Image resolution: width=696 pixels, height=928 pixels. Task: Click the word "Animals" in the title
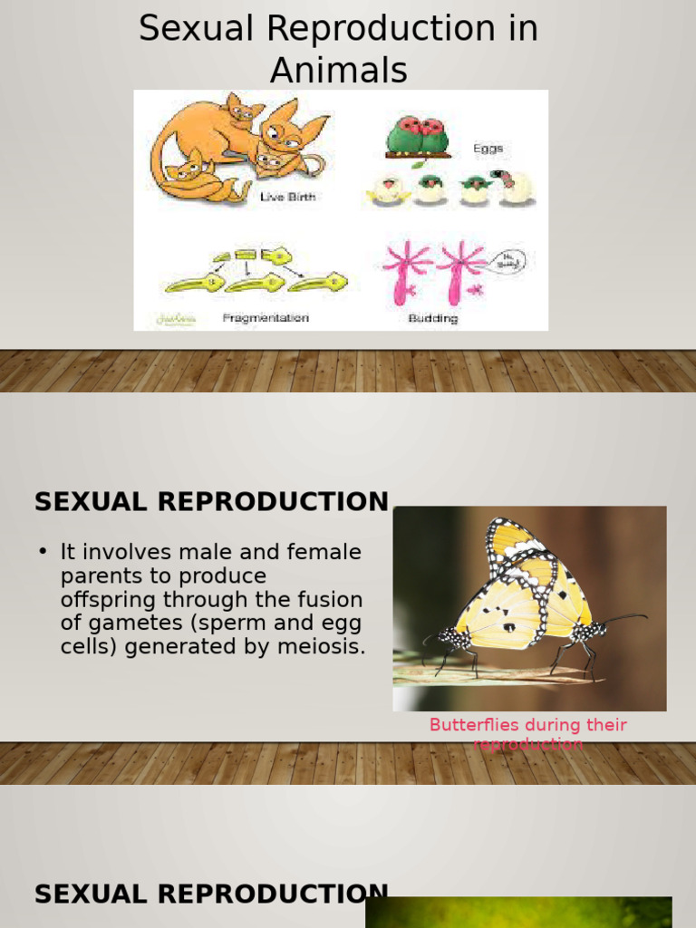point(338,69)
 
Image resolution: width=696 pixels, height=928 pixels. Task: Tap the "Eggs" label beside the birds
point(488,149)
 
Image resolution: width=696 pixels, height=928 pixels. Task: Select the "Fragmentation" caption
point(266,318)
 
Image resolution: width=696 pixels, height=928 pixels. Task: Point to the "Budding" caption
point(433,318)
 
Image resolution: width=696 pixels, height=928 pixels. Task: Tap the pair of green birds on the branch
point(418,136)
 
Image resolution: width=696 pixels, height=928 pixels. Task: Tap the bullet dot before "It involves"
point(43,552)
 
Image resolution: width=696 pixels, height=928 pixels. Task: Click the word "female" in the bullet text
point(323,552)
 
